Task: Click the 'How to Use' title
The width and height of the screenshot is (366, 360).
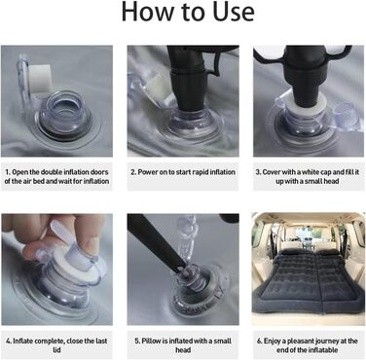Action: point(188,12)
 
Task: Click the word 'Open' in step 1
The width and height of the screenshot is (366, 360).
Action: point(19,172)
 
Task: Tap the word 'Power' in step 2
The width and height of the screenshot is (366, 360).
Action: point(148,172)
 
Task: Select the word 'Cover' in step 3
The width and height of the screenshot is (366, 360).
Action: point(272,172)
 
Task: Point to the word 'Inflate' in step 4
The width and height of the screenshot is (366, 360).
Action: point(23,342)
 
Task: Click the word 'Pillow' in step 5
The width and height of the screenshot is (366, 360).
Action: point(151,342)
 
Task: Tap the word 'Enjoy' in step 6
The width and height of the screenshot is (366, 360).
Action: point(272,342)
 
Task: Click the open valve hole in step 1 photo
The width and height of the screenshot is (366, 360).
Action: point(62,112)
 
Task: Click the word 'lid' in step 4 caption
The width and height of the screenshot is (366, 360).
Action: point(56,350)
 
